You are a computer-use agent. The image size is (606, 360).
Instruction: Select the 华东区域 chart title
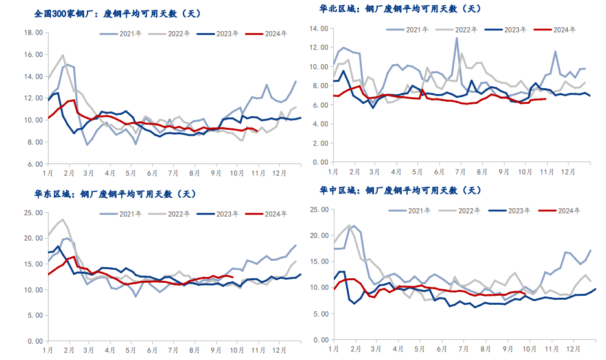115,194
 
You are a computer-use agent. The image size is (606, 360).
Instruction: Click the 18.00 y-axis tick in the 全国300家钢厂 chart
33,32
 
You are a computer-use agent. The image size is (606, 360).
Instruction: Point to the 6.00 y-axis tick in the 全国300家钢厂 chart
35,164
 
